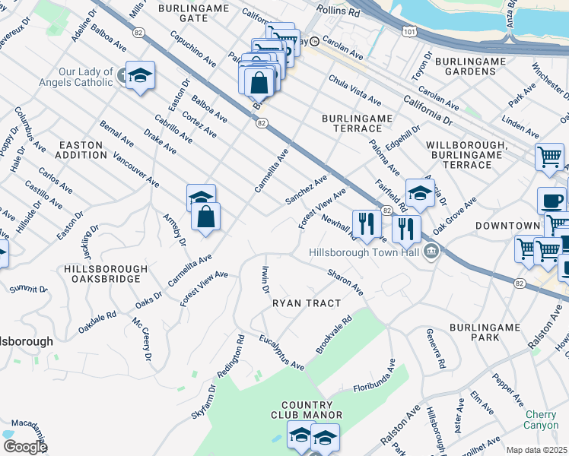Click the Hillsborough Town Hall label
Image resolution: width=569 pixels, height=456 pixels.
coord(364,252)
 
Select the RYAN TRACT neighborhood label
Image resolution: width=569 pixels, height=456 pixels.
coord(307,303)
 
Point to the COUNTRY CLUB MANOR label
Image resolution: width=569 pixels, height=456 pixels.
coord(307,410)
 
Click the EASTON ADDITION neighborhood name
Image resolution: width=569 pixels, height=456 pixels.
coord(83,150)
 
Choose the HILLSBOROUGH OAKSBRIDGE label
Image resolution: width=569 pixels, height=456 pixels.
coord(106,274)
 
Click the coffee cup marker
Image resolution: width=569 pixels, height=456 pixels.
coord(552,201)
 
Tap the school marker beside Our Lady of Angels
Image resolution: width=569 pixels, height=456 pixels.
coord(140,75)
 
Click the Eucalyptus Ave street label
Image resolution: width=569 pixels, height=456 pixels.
coord(281,352)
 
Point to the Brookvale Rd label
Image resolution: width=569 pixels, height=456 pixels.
coord(334,335)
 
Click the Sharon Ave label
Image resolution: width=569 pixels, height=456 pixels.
coord(345,282)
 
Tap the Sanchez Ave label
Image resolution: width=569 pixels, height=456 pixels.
coord(306,190)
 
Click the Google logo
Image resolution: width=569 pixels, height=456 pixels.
coord(25,447)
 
